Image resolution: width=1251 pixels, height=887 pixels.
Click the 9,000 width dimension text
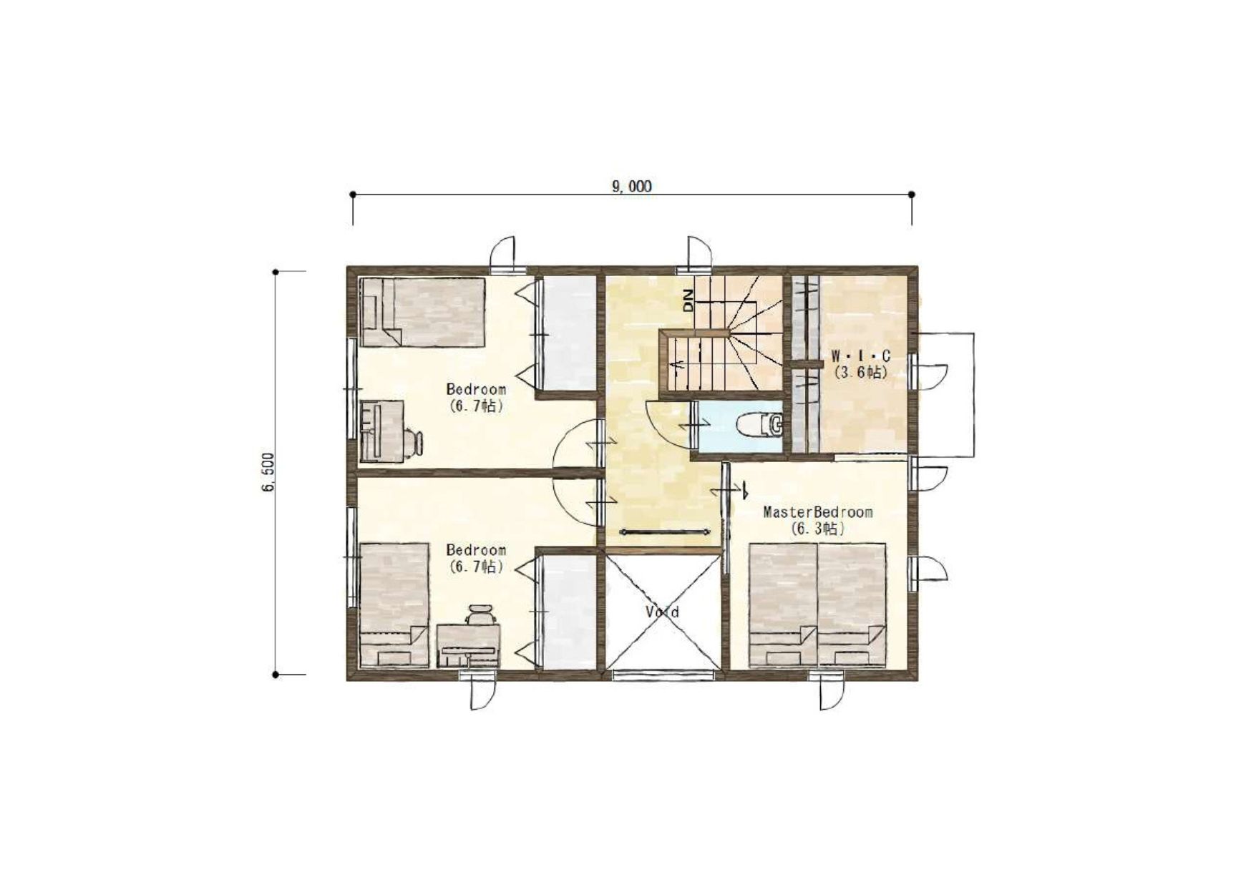click(x=631, y=187)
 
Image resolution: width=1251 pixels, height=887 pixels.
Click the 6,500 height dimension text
click(x=268, y=472)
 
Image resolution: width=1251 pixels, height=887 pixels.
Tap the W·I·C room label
click(x=860, y=356)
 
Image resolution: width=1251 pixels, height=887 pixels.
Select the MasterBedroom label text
click(x=818, y=512)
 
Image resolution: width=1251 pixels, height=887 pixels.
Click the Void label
click(x=662, y=612)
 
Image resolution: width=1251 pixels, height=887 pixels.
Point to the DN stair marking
click(x=688, y=300)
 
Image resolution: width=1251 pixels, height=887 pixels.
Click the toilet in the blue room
click(x=760, y=424)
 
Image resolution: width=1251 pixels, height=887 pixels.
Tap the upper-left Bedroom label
click(x=476, y=389)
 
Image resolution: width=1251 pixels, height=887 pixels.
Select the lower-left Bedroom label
click(x=476, y=550)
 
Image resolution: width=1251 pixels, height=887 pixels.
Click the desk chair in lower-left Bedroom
click(x=480, y=615)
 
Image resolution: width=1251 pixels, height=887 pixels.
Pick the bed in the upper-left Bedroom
click(x=422, y=313)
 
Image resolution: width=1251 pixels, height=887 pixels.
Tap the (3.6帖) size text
click(x=860, y=372)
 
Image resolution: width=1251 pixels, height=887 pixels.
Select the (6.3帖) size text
click(x=818, y=529)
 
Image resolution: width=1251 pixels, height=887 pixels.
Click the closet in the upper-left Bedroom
click(x=568, y=333)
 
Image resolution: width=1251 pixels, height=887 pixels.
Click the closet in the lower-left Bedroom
click(x=568, y=612)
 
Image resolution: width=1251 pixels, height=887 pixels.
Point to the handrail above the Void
click(x=664, y=531)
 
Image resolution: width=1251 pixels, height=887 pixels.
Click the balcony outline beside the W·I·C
click(x=974, y=394)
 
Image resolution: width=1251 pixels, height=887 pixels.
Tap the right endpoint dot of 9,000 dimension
click(x=912, y=195)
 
